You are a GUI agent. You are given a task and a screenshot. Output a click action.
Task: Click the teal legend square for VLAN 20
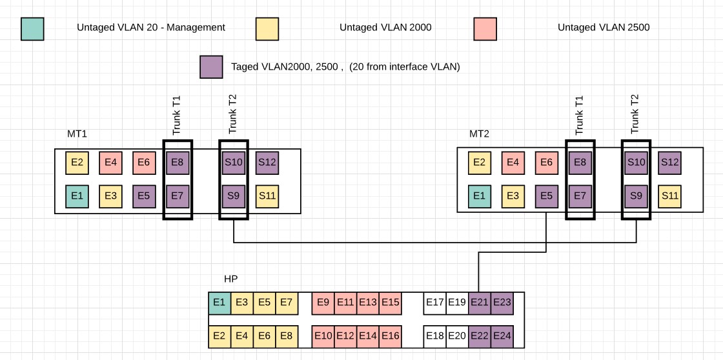point(32,28)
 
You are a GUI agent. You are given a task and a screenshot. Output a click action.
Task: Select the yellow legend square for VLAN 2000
point(267,28)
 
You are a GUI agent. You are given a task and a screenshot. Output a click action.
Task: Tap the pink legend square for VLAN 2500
point(485,28)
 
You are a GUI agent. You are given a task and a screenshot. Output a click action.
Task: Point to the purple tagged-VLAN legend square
point(212,66)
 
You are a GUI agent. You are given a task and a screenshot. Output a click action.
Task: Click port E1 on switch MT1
point(77,195)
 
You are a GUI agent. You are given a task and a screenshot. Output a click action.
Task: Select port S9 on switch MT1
point(233,195)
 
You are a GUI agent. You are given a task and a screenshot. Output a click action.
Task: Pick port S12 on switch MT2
point(669,162)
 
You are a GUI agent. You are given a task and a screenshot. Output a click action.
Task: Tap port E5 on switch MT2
point(546,195)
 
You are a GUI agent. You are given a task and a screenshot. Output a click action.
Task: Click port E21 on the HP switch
point(479,303)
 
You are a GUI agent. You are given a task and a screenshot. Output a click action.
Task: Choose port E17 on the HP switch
point(434,303)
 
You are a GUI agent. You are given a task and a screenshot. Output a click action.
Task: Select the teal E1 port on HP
point(219,303)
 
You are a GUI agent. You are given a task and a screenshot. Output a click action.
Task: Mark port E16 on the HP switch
point(390,335)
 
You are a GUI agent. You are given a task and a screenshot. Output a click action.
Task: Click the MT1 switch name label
point(77,134)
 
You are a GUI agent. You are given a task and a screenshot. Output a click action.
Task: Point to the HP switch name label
point(230,279)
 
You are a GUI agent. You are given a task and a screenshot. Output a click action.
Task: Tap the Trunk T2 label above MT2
point(635,114)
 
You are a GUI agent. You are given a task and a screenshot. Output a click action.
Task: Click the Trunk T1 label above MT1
point(177,115)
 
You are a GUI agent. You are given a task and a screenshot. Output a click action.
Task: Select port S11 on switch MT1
point(267,195)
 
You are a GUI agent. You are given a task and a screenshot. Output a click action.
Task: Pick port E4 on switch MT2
point(513,162)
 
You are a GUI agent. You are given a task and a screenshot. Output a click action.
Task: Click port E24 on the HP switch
point(502,335)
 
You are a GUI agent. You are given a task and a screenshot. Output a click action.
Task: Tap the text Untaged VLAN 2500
point(603,28)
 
